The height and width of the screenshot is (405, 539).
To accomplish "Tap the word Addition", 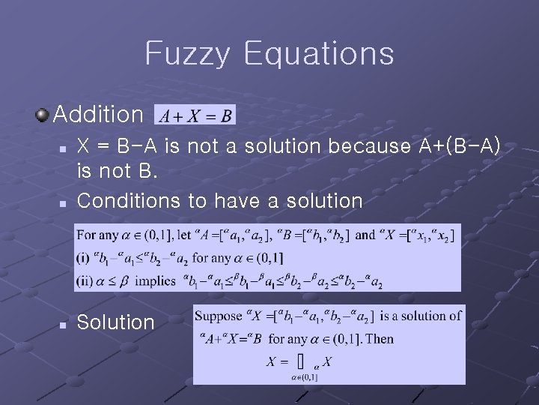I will pos(98,115).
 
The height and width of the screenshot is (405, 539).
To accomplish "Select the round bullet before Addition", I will pos(43,114).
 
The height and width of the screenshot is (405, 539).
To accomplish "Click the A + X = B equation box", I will pos(195,115).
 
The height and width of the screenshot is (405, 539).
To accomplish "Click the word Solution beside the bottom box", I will pos(115,322).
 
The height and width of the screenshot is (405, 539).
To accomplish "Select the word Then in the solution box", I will pos(380,339).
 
